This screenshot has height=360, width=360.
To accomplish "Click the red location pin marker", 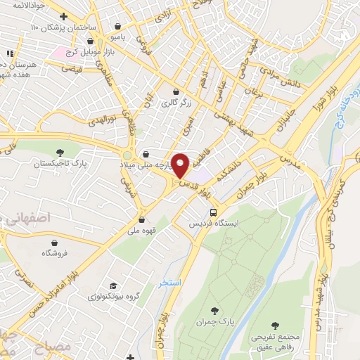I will tap(181, 165).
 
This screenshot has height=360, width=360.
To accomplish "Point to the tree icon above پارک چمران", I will tap(217, 310).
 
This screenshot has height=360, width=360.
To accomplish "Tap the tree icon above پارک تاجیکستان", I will tap(60, 151).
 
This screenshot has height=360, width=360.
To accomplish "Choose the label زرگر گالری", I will tap(175, 103).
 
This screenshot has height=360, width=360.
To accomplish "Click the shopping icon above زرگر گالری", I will tap(176, 91).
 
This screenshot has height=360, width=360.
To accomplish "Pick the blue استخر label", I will tap(170, 283).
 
